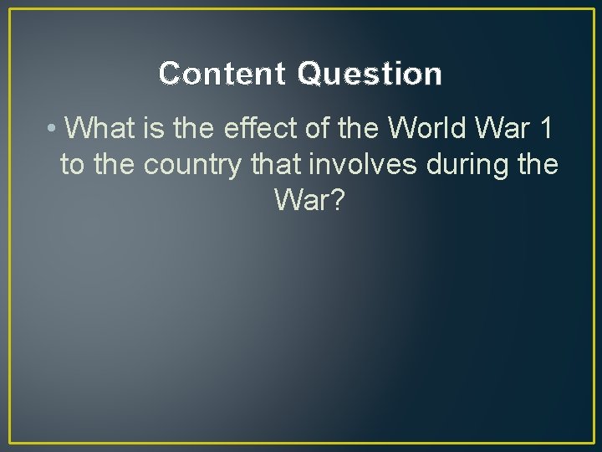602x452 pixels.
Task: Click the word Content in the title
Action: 223,74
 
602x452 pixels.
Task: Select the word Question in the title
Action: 369,74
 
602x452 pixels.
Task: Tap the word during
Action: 467,166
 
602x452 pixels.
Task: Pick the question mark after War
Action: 335,202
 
